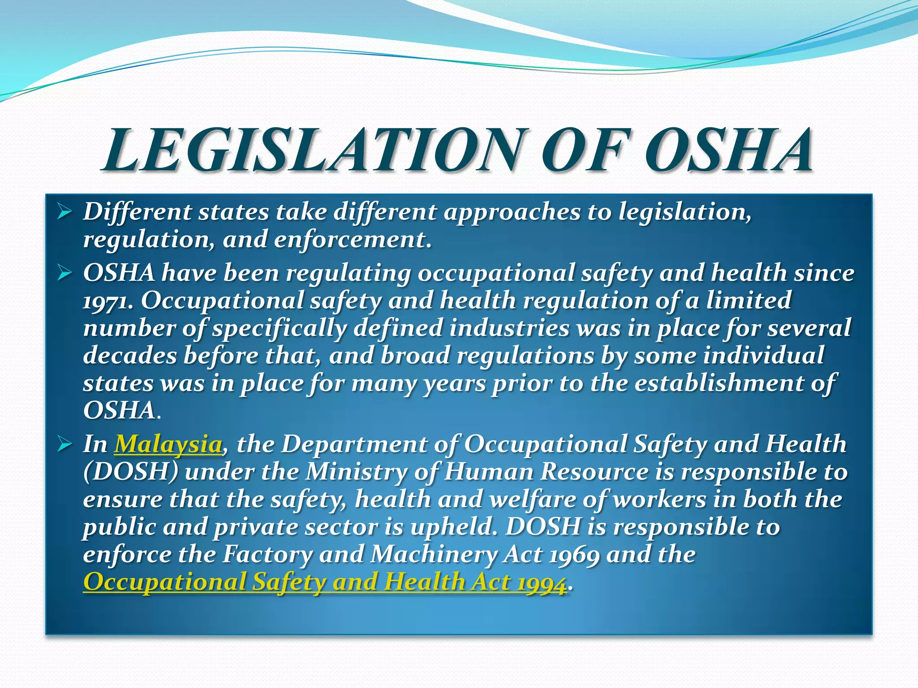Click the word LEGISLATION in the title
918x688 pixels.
(314, 150)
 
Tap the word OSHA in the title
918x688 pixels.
(728, 150)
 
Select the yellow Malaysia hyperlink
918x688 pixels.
(168, 444)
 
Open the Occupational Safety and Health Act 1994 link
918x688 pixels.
(325, 582)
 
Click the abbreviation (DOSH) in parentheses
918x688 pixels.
(131, 472)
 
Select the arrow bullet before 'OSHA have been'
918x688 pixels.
(65, 272)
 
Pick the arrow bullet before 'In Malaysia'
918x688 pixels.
(65, 444)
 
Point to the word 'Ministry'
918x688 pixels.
(356, 472)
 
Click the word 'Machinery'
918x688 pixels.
(433, 555)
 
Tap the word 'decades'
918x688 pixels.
(130, 356)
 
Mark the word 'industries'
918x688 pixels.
(509, 328)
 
